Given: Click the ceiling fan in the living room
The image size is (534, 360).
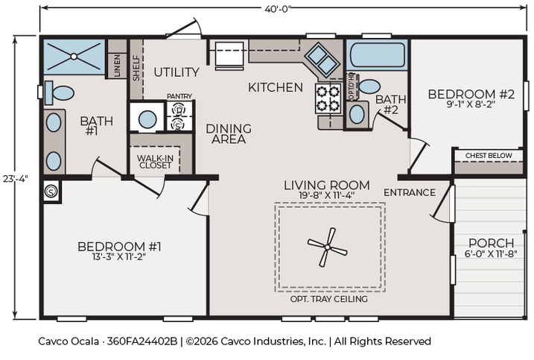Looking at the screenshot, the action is pos(327,247).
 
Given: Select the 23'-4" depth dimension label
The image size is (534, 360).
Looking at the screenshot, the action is pos(16,178).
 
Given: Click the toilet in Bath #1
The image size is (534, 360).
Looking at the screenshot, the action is pos(60,92).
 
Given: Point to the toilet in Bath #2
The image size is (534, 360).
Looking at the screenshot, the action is pos(369,86).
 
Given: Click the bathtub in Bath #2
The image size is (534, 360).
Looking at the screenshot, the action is pos(378,54).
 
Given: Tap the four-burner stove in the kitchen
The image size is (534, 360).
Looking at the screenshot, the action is pos(328,98).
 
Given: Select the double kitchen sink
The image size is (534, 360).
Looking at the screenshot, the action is pos(322,60).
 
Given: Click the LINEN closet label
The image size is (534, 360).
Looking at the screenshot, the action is pos(117,65).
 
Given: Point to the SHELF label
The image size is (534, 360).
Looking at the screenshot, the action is pos(136,68).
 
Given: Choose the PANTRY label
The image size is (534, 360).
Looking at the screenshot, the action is pos(179,96).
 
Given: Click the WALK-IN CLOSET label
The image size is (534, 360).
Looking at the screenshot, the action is pos(156,162).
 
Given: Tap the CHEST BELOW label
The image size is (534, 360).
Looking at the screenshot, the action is pos(489,156).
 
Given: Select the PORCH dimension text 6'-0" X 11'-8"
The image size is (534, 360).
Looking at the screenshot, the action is pos(491,253).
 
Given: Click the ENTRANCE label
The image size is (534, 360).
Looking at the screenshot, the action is pos(410,192).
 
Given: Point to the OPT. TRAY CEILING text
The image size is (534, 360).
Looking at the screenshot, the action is pos(329,299).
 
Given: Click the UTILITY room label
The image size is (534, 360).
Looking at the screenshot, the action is pos(177,72).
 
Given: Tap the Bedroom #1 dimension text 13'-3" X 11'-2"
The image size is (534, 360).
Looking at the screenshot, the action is pos(119,256).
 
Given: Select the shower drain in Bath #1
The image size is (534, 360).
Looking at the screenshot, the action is pos(74,57).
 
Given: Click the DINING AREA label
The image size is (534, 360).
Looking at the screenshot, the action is pos(229,133).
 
